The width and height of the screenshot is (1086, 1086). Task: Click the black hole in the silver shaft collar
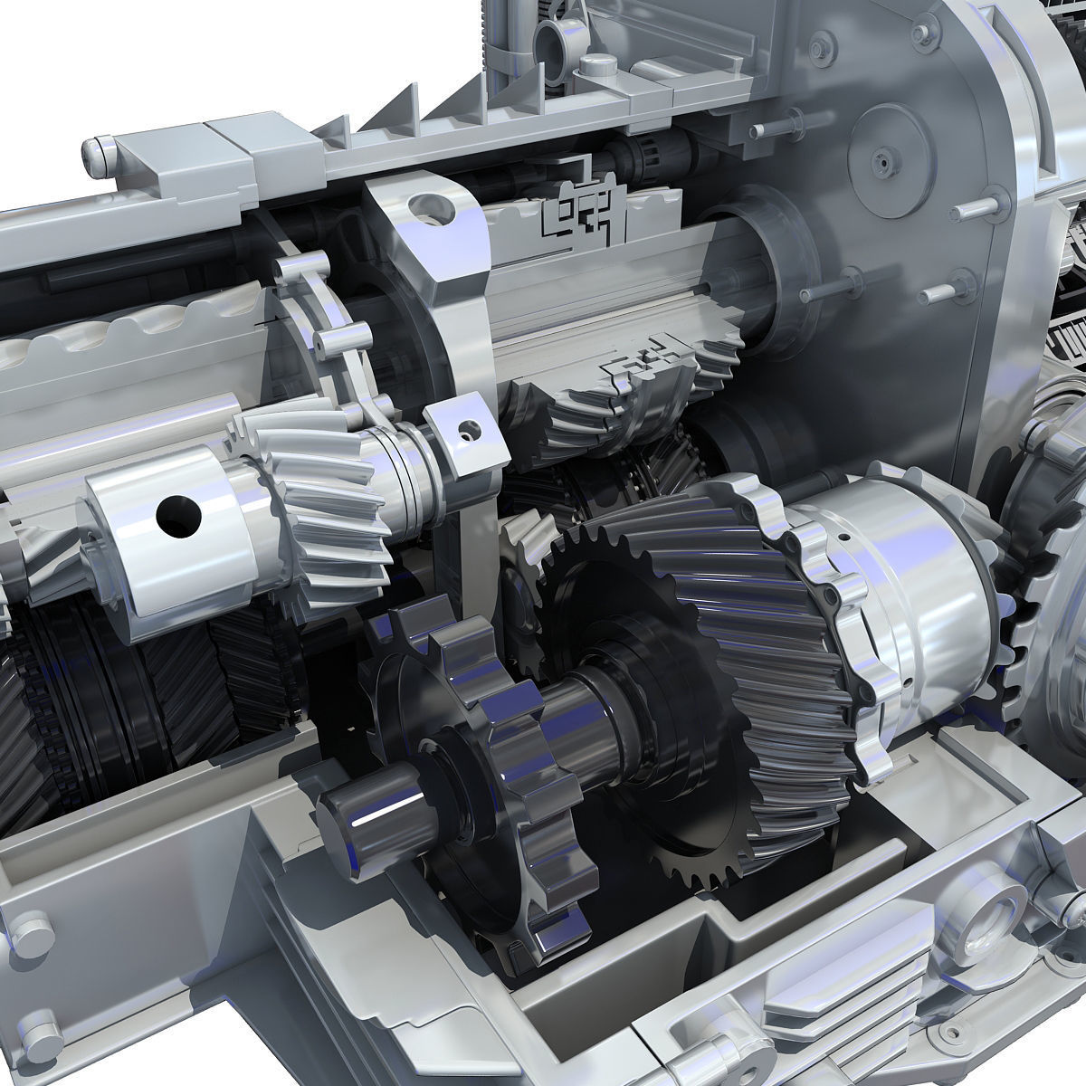coord(178,516)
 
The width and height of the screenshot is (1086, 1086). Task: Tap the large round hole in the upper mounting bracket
coord(421,208)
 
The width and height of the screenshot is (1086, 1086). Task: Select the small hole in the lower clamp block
coord(468,430)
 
